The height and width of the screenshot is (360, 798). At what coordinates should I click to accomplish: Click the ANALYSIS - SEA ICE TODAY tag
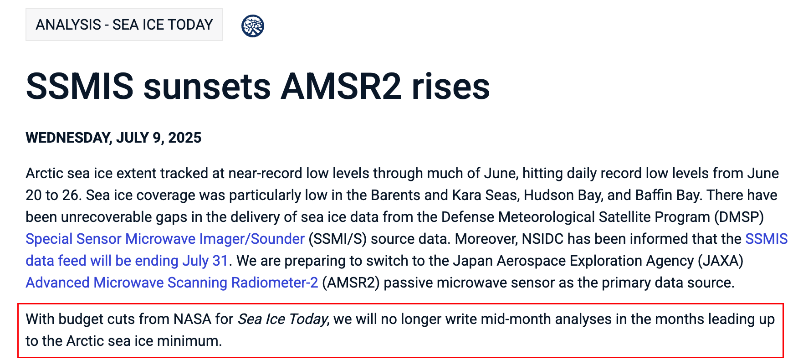pos(124,25)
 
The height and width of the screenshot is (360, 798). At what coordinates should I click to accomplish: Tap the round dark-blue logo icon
pos(253,26)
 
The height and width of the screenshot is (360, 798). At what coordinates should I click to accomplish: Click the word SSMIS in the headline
pos(80,86)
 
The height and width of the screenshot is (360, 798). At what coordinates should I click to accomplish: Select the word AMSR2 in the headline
pos(341,86)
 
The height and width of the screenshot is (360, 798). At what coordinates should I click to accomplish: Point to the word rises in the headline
pos(451,86)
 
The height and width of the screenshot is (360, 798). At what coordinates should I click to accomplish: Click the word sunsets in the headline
pos(207,87)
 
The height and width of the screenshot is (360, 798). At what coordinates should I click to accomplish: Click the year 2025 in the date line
pos(185,138)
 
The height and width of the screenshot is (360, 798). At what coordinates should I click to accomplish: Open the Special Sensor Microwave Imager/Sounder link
pos(165,239)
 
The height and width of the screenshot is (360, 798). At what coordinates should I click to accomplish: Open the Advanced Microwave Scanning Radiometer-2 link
pos(172,283)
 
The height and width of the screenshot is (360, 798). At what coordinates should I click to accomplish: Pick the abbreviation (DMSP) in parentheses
pos(739,217)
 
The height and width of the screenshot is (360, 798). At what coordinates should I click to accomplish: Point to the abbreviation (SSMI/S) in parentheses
pos(338,239)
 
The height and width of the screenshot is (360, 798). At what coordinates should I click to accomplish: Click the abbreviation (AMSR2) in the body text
pos(351,283)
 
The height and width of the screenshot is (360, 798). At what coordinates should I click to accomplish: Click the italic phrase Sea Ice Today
pos(283,319)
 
